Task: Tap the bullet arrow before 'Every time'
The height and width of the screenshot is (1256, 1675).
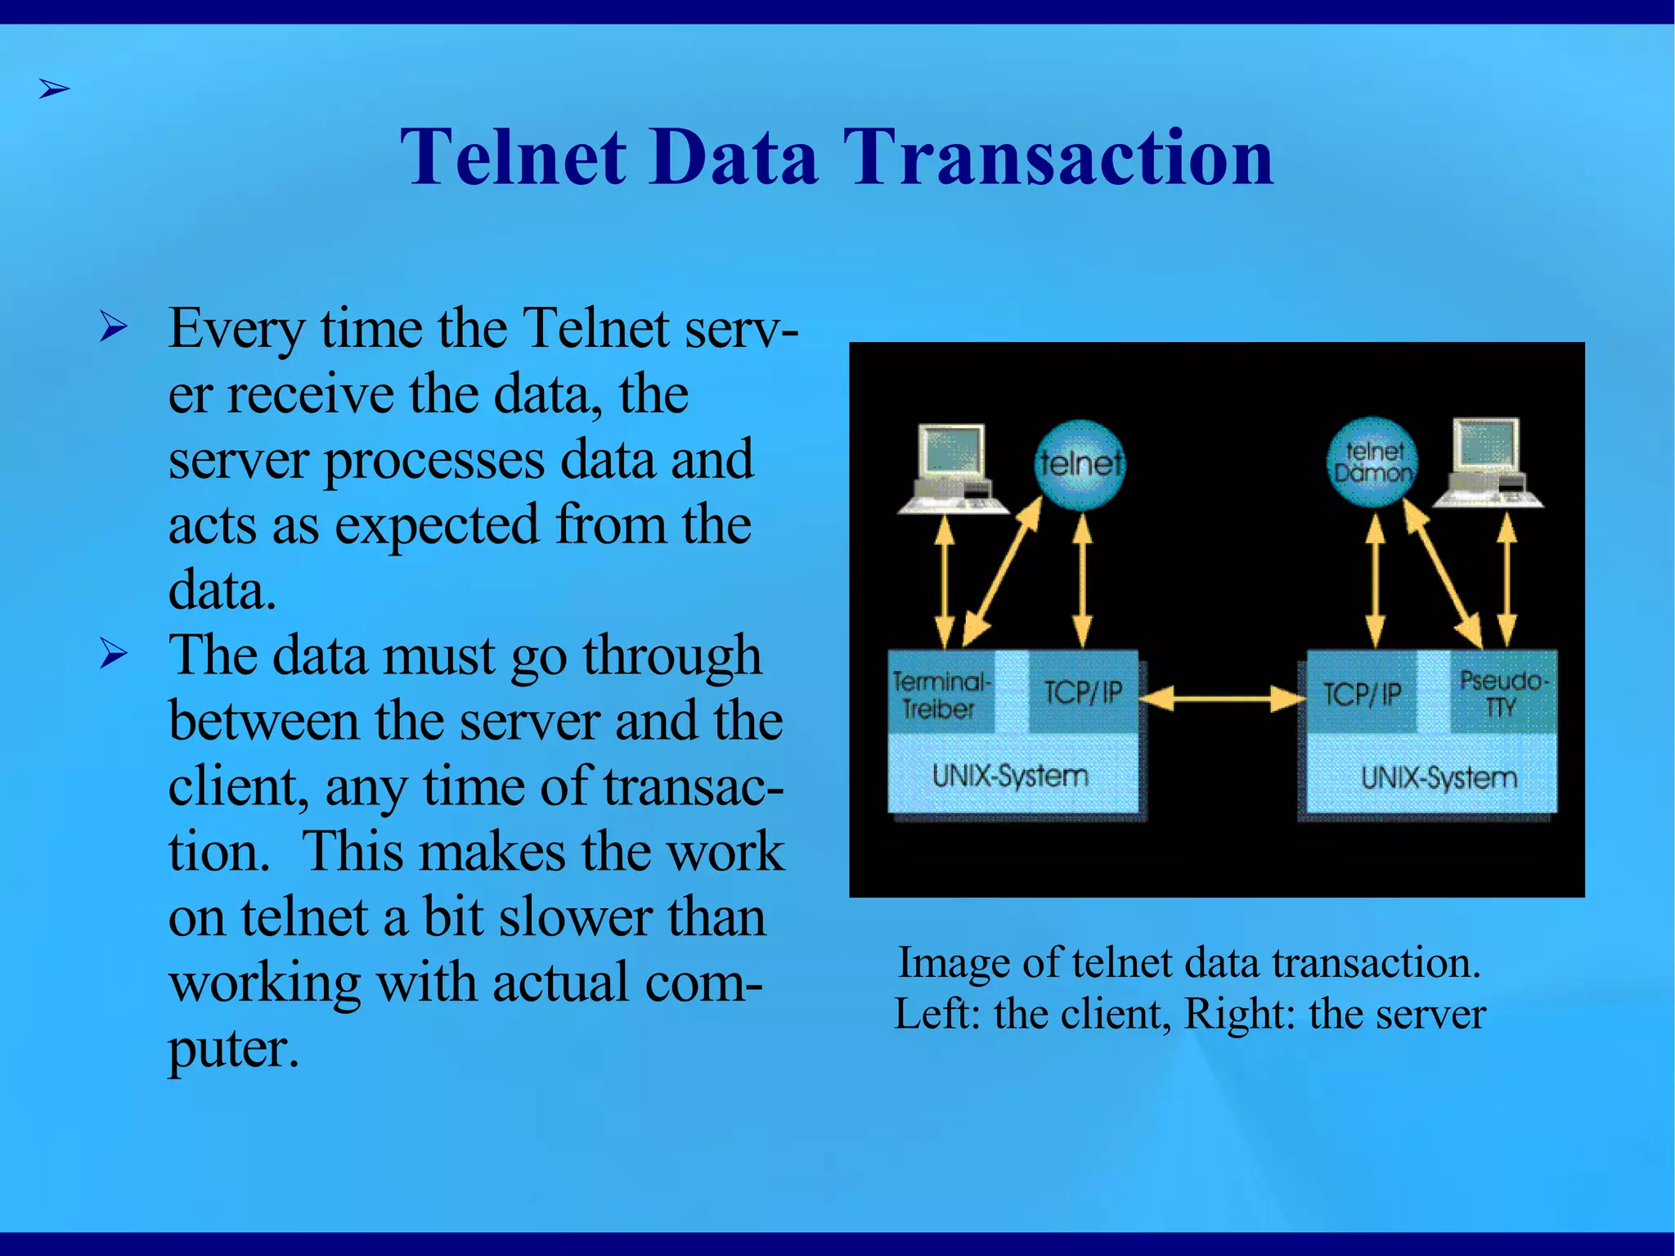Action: click(114, 327)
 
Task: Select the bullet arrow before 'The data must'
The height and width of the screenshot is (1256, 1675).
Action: click(114, 654)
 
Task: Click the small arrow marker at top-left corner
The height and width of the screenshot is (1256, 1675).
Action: click(54, 88)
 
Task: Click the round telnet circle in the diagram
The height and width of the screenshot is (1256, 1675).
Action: click(1080, 465)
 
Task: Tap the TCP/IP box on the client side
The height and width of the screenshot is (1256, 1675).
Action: click(1083, 692)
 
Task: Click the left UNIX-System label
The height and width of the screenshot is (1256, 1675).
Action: click(1011, 775)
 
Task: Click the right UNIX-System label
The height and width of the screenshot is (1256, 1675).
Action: click(1439, 777)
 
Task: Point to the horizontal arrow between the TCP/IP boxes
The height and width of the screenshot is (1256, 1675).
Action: click(1222, 698)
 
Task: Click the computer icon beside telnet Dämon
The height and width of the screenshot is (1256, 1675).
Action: click(1489, 463)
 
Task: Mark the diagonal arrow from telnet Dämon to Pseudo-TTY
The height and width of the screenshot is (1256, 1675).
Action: click(1444, 573)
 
